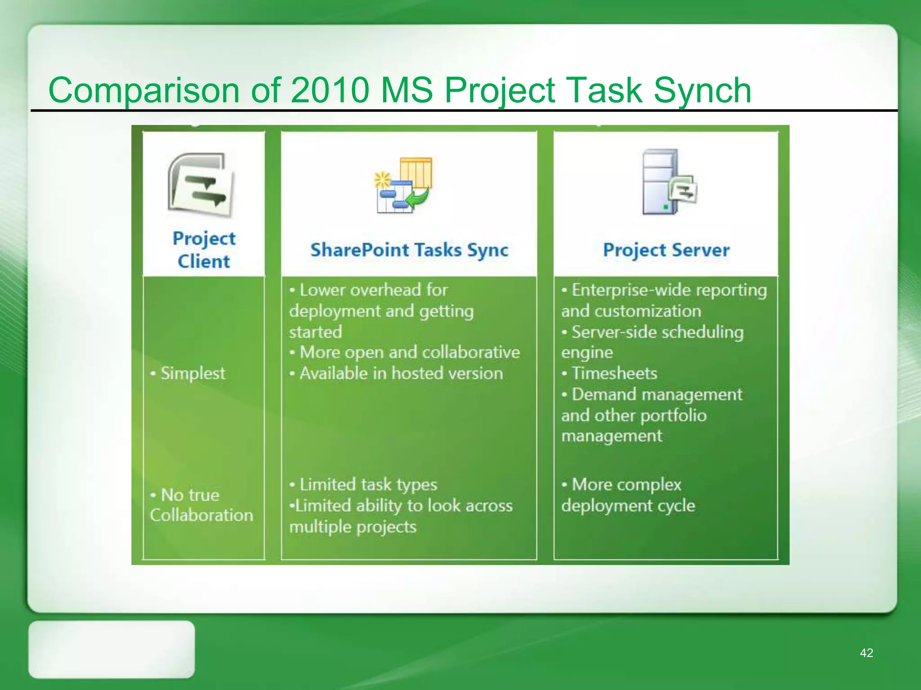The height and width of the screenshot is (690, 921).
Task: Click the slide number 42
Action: pos(866,653)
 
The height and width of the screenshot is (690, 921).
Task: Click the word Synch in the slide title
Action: pos(702,90)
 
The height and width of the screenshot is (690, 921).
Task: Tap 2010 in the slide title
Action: pos(330,90)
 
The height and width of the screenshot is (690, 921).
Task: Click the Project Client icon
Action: pos(201,186)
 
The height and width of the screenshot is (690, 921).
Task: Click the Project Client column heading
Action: pos(204,250)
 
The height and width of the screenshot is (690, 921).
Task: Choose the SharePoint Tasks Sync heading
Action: pos(409,250)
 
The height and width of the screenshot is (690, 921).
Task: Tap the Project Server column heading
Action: pos(666,250)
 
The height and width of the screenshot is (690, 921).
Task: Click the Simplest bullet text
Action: pos(192,373)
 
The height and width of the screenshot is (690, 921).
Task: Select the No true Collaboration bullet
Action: pos(201,505)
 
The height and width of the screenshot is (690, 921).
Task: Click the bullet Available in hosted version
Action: pos(401,373)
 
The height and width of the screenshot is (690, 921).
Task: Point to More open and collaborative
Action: pos(409,352)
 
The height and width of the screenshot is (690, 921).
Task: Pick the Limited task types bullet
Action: pos(368,484)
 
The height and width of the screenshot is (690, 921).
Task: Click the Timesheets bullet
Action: pos(614,373)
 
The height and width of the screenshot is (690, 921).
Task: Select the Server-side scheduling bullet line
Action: pos(657,332)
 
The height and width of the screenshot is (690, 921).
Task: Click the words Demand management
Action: pos(657,394)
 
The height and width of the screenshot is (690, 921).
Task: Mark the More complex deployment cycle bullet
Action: pos(628,495)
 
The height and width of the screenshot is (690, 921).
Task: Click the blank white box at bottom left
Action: pos(112,649)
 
